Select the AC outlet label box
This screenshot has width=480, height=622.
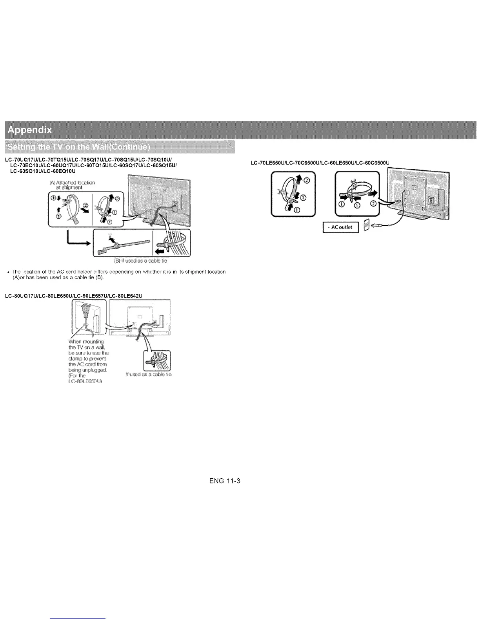(x=340, y=227)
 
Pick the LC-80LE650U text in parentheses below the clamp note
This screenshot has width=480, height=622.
(x=85, y=381)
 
